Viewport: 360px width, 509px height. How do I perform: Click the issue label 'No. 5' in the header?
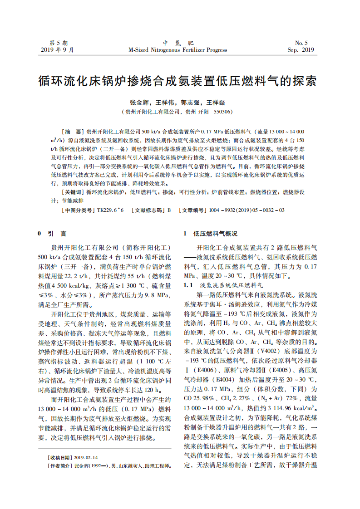[301, 42]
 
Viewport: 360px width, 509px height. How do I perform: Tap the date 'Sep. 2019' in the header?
[301, 50]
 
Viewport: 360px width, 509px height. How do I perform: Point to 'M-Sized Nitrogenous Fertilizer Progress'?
[178, 50]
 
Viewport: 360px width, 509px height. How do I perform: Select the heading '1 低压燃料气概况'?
[210, 234]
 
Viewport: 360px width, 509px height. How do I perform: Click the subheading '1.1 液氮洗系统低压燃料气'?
[222, 285]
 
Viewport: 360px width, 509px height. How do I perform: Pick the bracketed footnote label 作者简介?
[60, 466]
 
